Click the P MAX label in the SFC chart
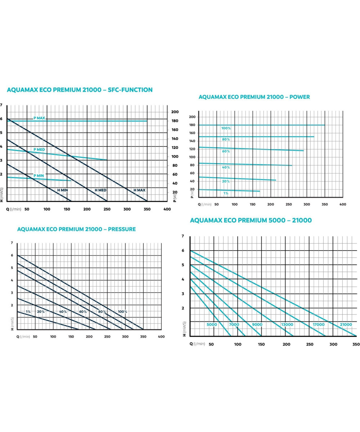pyautogui.click(x=39, y=118)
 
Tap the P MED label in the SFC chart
pyautogui.click(x=39, y=149)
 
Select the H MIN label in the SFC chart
pyautogui.click(x=62, y=190)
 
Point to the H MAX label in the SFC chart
pyautogui.click(x=139, y=190)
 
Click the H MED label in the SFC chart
pyautogui.click(x=100, y=190)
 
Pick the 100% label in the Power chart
pyautogui.click(x=226, y=129)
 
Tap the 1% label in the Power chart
pyautogui.click(x=226, y=194)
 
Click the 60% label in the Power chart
pyautogui.click(x=226, y=152)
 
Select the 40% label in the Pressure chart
pyautogui.click(x=63, y=312)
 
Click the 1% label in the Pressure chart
pyautogui.click(x=28, y=312)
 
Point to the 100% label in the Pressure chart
pyautogui.click(x=122, y=312)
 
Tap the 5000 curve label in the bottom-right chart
pyautogui.click(x=212, y=325)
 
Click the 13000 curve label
pyautogui.click(x=287, y=325)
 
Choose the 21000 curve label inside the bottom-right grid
pyautogui.click(x=346, y=325)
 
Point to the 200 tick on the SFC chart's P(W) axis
pyautogui.click(x=175, y=112)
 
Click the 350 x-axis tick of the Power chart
pyautogui.click(x=325, y=204)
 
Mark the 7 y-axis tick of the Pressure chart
pyautogui.click(x=12, y=243)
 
